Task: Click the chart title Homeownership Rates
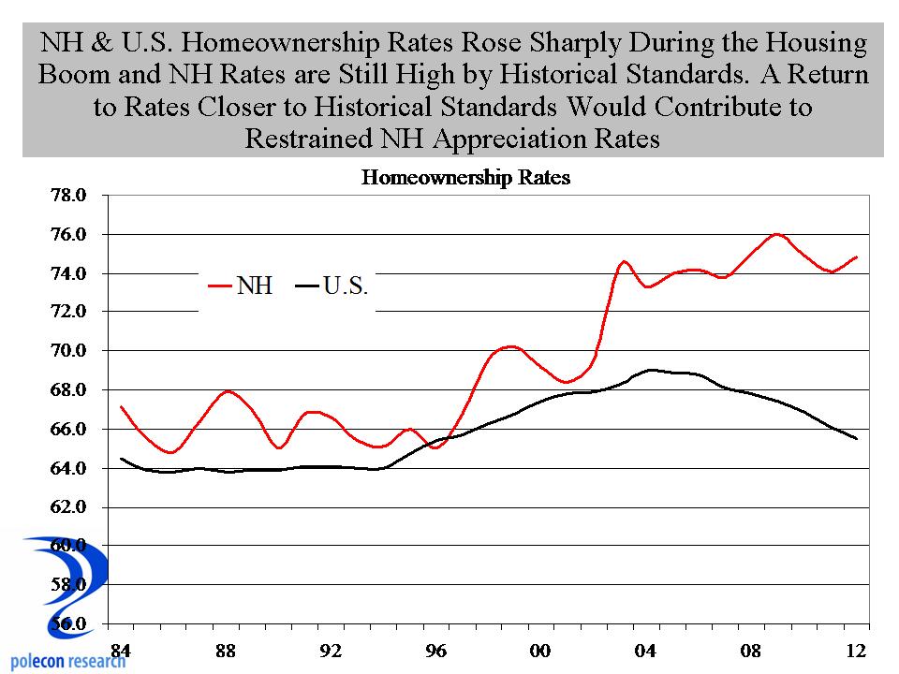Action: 465,178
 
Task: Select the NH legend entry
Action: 254,286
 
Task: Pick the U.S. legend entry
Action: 346,286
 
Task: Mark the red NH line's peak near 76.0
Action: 777,234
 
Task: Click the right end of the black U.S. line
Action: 857,439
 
